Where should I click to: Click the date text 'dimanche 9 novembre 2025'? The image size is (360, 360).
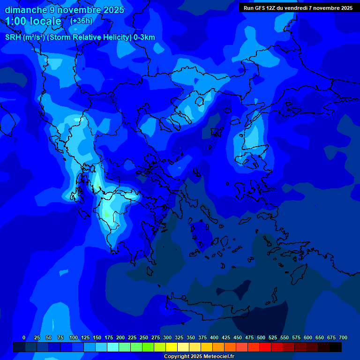coord(64,10)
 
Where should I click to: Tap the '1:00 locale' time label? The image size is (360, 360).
coord(33,21)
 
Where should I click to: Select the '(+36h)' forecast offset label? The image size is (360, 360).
coord(81,21)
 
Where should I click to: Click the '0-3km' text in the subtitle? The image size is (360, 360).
coord(144,37)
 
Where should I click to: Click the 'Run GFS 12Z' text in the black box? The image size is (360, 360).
coord(260,8)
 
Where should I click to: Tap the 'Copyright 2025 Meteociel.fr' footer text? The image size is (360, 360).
coord(199,357)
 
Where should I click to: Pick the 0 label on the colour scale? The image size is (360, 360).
coord(24,337)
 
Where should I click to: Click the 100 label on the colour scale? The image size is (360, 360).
coord(73,337)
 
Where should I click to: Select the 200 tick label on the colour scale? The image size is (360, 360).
coord(120,337)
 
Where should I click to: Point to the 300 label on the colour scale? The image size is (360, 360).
coord(167,337)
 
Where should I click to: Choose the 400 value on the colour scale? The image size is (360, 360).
coord(214,337)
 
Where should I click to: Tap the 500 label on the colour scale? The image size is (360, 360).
coord(261,337)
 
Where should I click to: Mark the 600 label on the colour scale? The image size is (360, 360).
coord(308,337)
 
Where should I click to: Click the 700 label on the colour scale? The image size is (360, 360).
coord(343,337)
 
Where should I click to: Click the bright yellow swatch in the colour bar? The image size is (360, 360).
coord(172,347)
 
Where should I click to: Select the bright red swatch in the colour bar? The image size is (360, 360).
coord(265,347)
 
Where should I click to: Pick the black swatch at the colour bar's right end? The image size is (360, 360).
coord(336,347)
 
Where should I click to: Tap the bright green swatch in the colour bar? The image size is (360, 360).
coord(148,347)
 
